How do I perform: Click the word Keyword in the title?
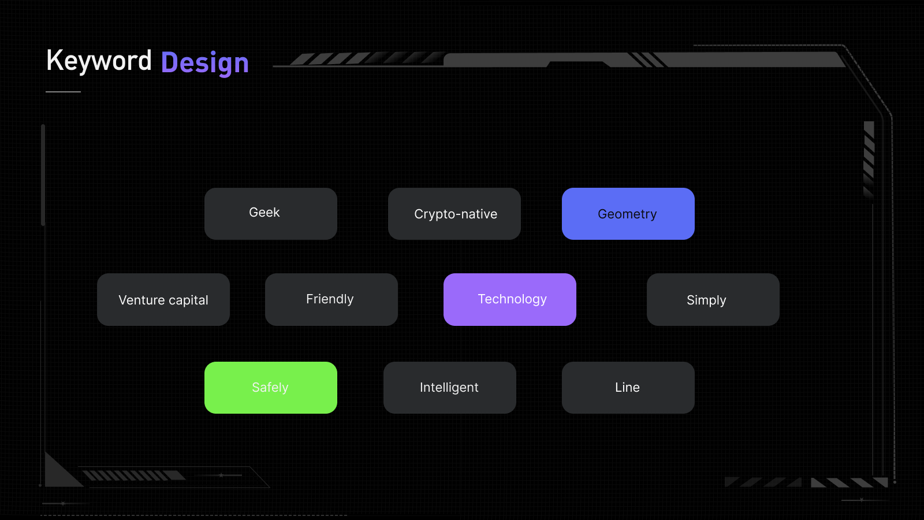[99, 61]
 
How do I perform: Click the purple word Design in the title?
[205, 63]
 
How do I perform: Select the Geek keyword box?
[271, 214]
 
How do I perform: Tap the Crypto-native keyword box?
[454, 214]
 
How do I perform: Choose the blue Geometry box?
[628, 214]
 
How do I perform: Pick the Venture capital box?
[163, 300]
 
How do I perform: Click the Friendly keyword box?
[331, 300]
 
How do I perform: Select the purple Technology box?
[509, 300]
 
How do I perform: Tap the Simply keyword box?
[713, 300]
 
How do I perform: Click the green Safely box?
[271, 388]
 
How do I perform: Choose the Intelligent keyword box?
[450, 388]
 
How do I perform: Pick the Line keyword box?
[628, 388]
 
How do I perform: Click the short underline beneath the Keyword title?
[63, 92]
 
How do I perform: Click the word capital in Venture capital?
[188, 301]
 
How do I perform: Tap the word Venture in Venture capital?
[141, 300]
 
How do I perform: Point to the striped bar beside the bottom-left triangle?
[134, 476]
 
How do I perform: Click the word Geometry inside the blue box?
[627, 214]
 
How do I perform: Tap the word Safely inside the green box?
[270, 388]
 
